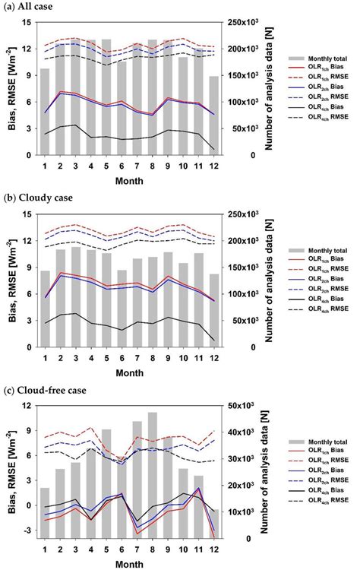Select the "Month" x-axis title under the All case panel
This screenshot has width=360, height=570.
coord(128,181)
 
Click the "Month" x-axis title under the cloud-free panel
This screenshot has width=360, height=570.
coord(128,564)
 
